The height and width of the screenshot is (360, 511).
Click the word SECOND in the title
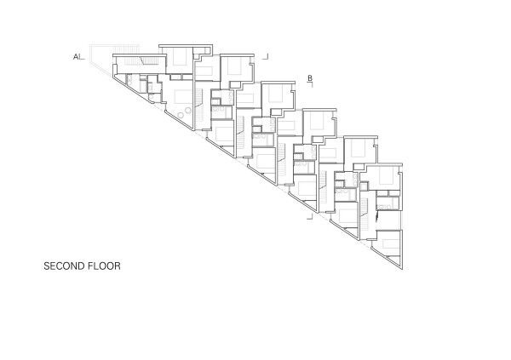pos(61,266)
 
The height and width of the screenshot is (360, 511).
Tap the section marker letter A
pos(75,57)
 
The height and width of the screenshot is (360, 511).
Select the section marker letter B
pos(310,78)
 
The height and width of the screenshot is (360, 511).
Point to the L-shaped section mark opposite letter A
pos(267,56)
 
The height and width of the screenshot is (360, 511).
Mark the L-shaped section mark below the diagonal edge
pos(311,217)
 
